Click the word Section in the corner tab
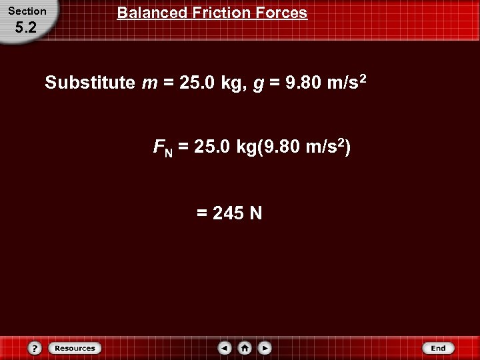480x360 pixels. [27, 11]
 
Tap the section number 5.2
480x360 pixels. [27, 29]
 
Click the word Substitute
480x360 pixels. [90, 84]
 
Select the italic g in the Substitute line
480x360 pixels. [257, 85]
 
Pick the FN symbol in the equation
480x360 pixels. [163, 148]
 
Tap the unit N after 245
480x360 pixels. [256, 213]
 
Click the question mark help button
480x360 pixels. [35, 348]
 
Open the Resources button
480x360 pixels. [75, 348]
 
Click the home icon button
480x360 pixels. [245, 348]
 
